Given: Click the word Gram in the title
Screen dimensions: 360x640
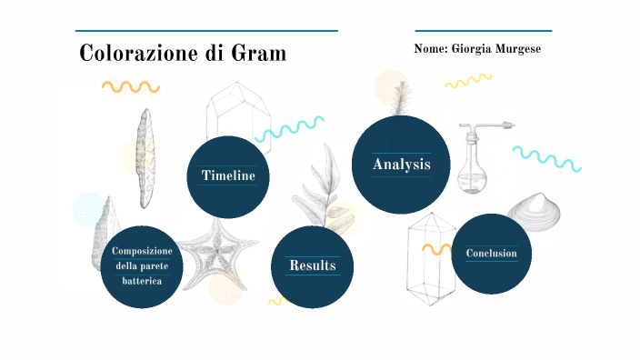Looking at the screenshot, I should tap(257, 54).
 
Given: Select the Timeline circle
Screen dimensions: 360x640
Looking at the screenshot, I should tap(228, 175).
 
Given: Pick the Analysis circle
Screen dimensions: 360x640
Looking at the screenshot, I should tap(401, 165).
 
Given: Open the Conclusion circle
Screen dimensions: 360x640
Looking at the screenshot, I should tap(491, 254).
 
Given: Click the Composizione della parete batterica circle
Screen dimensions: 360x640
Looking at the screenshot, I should tap(142, 265).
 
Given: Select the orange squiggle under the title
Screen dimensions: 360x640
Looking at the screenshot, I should tap(130, 87).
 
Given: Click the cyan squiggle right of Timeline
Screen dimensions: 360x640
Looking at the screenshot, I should tap(290, 130).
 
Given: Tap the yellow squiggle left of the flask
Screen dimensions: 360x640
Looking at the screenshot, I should tap(468, 83).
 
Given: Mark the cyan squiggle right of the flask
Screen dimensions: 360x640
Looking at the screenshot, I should tap(546, 158).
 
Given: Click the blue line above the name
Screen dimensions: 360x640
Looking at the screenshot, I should tap(483, 31).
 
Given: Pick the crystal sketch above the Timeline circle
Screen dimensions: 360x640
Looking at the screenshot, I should tap(238, 115).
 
